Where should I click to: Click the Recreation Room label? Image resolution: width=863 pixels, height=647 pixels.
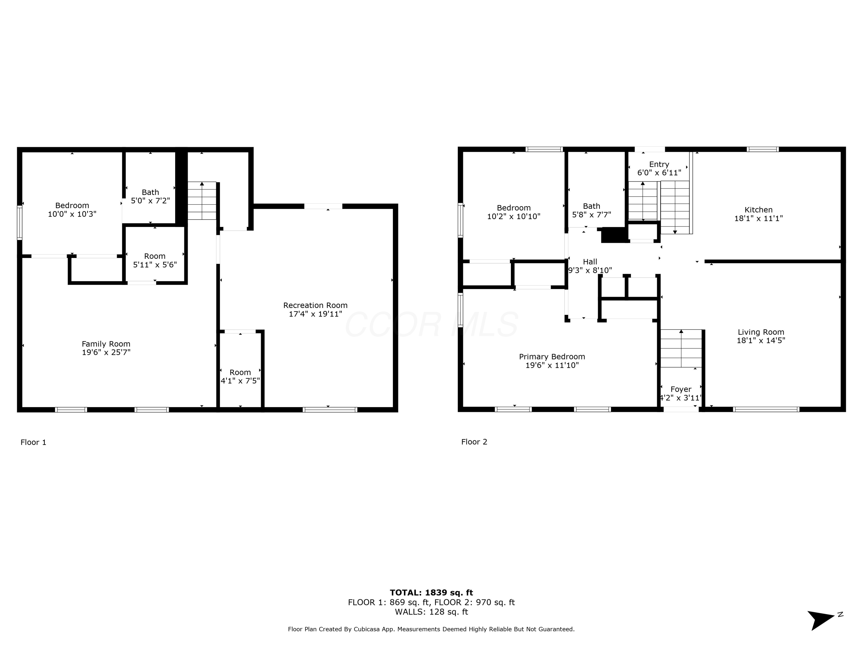coord(315,305)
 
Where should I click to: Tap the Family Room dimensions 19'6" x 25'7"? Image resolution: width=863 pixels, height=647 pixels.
coord(106,353)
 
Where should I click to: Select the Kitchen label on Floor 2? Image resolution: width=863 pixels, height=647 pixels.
coord(759,210)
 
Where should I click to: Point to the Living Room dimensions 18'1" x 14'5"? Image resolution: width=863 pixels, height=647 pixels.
coord(761,340)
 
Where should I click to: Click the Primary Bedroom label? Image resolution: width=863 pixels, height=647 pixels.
coord(552,357)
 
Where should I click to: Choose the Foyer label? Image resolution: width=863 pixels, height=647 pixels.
coord(681,389)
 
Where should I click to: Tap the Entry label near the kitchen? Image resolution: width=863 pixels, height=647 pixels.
coord(659,164)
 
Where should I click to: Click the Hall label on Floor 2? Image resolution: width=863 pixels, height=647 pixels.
coord(590,262)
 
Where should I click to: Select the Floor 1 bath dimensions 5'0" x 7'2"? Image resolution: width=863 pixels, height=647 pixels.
coord(150,201)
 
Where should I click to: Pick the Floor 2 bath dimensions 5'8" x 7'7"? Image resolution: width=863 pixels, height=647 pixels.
coord(591,215)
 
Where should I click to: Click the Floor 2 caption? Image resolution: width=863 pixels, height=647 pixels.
coord(474,442)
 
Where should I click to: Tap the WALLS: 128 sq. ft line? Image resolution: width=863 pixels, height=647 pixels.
coord(431,612)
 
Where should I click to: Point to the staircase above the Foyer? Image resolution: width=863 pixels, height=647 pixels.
coord(681,348)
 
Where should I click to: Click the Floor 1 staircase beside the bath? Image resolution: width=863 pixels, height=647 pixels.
coord(202,201)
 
